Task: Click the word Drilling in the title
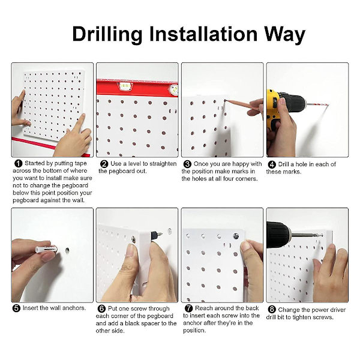tap(107, 34)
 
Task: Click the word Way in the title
tap(284, 34)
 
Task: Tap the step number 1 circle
tap(19, 163)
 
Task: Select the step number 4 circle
tap(272, 164)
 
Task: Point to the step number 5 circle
tap(16, 308)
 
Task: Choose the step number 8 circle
tap(272, 310)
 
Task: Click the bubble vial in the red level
tap(125, 86)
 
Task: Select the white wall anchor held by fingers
tap(46, 249)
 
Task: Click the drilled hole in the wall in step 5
tap(67, 250)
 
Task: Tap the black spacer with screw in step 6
tap(156, 235)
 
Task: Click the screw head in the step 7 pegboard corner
tap(236, 236)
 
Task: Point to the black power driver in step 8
tap(278, 235)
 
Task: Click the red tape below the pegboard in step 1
tap(50, 146)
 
